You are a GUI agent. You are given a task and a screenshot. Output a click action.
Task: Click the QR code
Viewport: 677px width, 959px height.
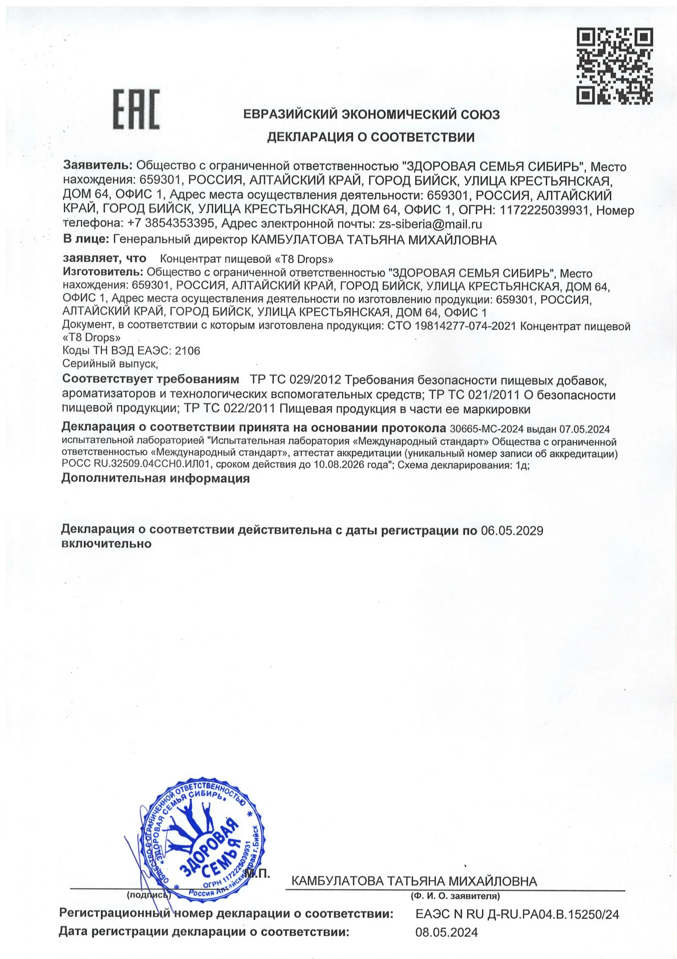click(615, 66)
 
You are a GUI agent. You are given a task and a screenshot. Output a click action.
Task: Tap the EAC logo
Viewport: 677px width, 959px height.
click(137, 109)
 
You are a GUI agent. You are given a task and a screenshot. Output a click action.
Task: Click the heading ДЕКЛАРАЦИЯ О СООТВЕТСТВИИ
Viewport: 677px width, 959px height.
click(370, 137)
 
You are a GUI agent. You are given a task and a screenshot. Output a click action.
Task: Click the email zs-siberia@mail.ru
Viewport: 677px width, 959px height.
click(430, 224)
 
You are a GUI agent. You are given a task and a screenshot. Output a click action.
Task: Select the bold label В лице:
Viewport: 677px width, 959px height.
click(86, 240)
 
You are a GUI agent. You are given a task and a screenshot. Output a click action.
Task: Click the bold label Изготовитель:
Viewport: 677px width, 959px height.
click(103, 272)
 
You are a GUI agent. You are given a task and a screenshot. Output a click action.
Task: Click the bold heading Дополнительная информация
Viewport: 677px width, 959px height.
click(155, 479)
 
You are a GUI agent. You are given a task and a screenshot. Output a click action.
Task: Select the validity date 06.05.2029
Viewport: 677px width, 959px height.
click(512, 531)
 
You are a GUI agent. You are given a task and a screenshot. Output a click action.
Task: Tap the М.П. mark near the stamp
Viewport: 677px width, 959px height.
click(257, 873)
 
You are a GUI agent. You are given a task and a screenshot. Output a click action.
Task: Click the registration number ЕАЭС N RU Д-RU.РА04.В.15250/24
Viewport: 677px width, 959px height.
click(517, 914)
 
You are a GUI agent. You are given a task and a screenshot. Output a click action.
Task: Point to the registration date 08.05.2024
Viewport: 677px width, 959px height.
click(446, 932)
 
